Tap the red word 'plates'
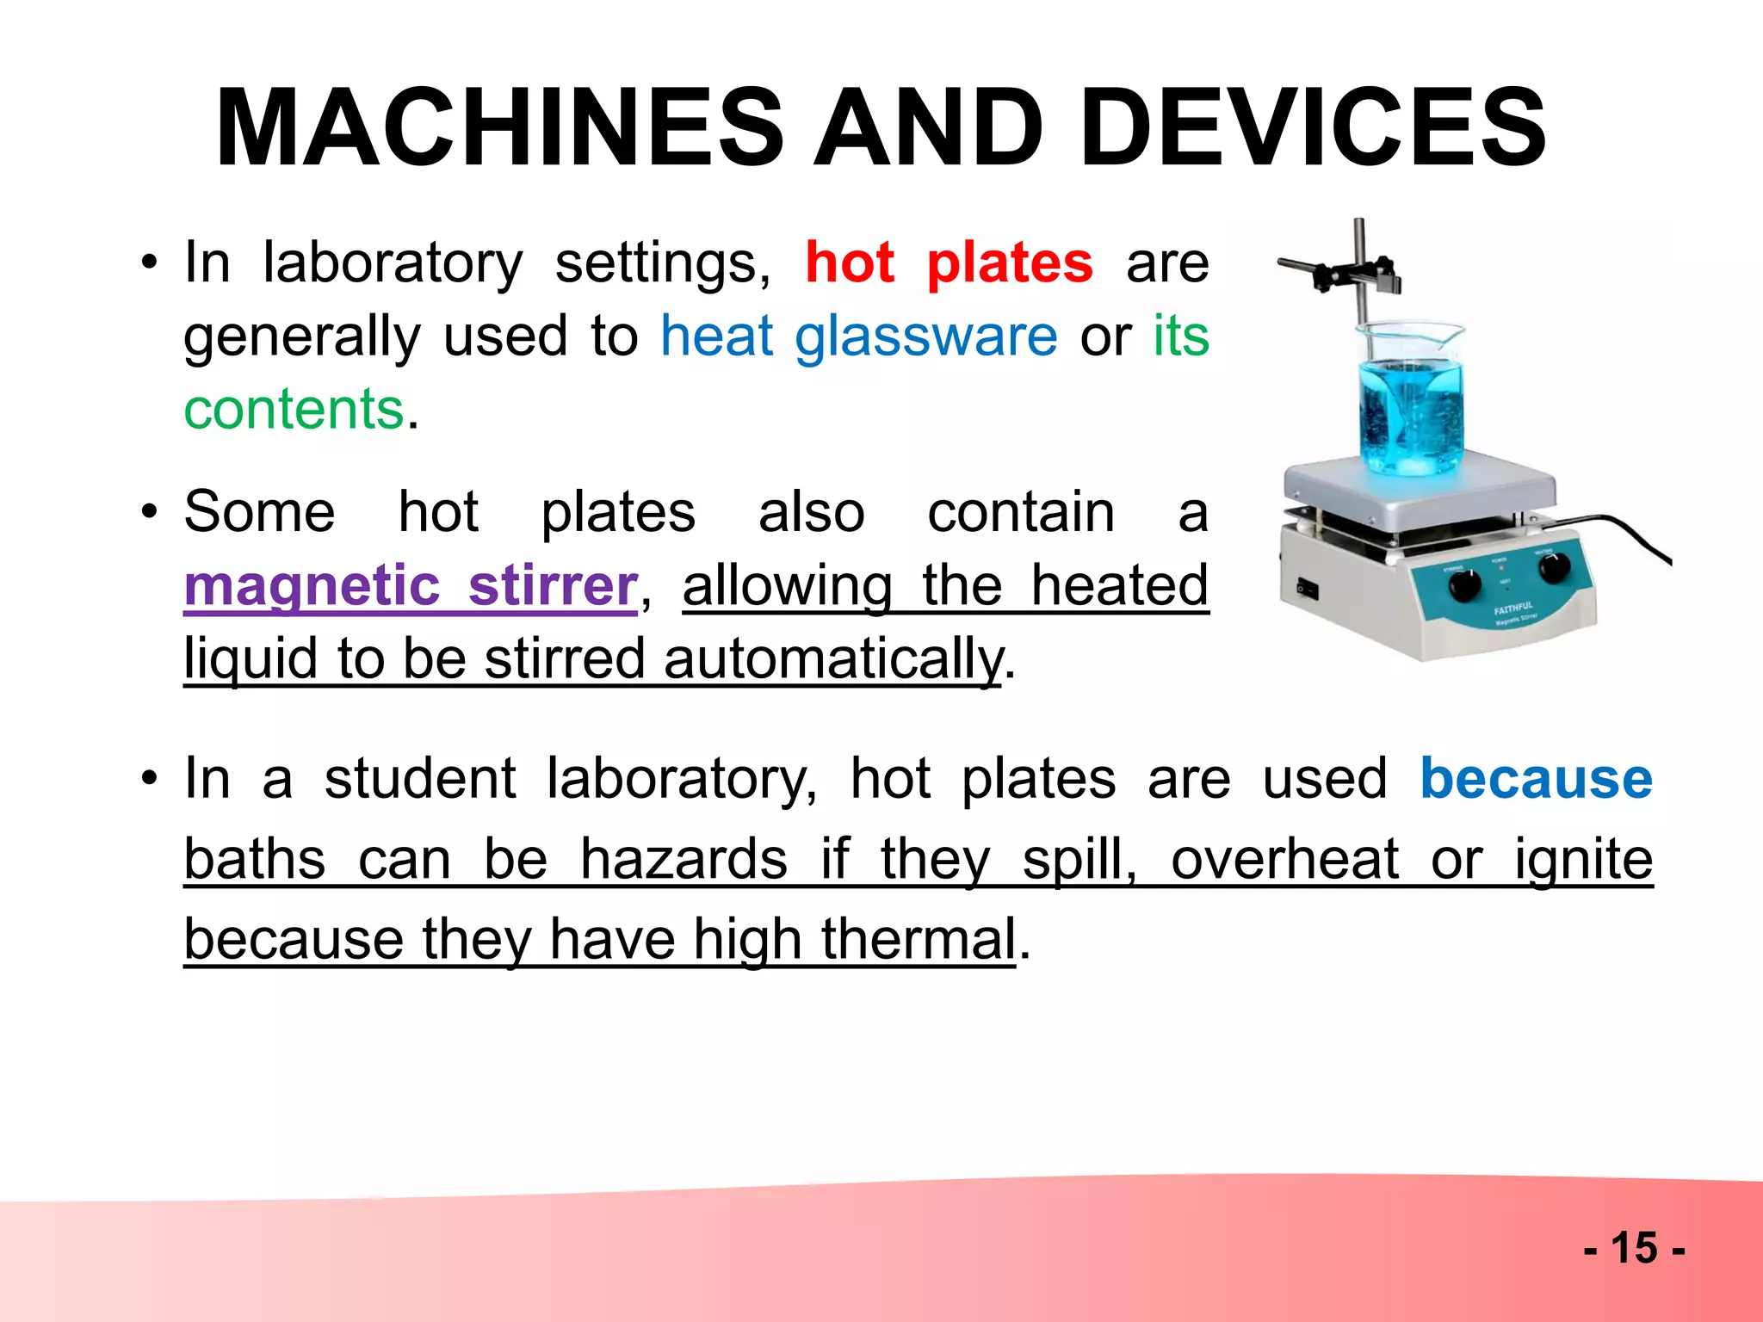click(x=1010, y=263)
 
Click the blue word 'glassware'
click(x=925, y=336)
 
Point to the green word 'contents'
click(x=294, y=409)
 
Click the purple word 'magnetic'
click(x=312, y=585)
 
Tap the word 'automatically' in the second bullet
click(x=833, y=659)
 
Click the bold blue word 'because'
click(x=1536, y=778)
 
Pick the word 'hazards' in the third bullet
click(x=684, y=859)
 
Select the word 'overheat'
click(x=1284, y=859)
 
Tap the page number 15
click(x=1634, y=1247)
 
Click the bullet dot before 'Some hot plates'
click(x=150, y=511)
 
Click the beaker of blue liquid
click(x=1409, y=405)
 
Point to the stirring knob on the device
click(x=1464, y=586)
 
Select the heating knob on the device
click(x=1554, y=568)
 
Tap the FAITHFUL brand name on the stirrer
click(x=1512, y=608)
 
